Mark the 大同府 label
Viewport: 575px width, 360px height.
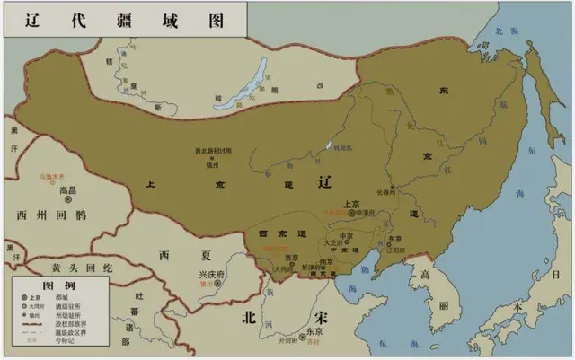click(x=290, y=267)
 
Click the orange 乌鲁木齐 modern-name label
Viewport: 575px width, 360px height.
click(x=57, y=178)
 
